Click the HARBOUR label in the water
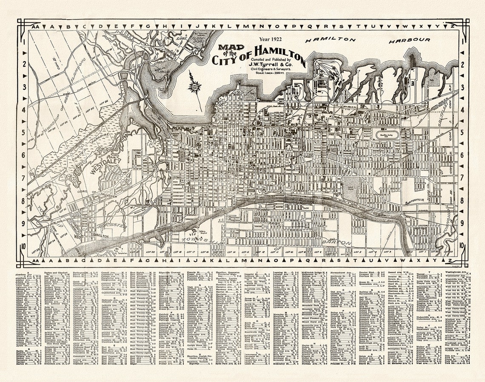click(409, 40)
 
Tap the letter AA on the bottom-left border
click(35, 260)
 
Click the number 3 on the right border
click(462, 87)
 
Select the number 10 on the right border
click(462, 246)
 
